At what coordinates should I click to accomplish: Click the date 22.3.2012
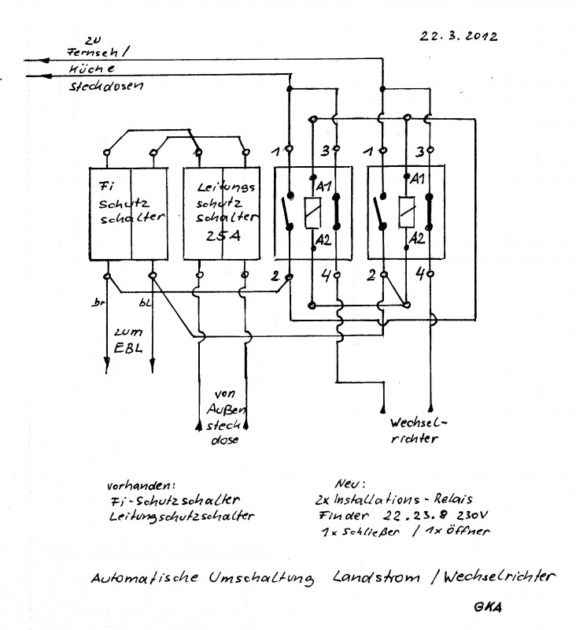pyautogui.click(x=459, y=35)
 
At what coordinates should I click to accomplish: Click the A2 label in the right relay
pyautogui.click(x=418, y=236)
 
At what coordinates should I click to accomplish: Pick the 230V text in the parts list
pyautogui.click(x=474, y=515)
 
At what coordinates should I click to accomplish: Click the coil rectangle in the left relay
pyautogui.click(x=312, y=209)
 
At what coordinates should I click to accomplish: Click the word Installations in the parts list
pyautogui.click(x=391, y=499)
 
